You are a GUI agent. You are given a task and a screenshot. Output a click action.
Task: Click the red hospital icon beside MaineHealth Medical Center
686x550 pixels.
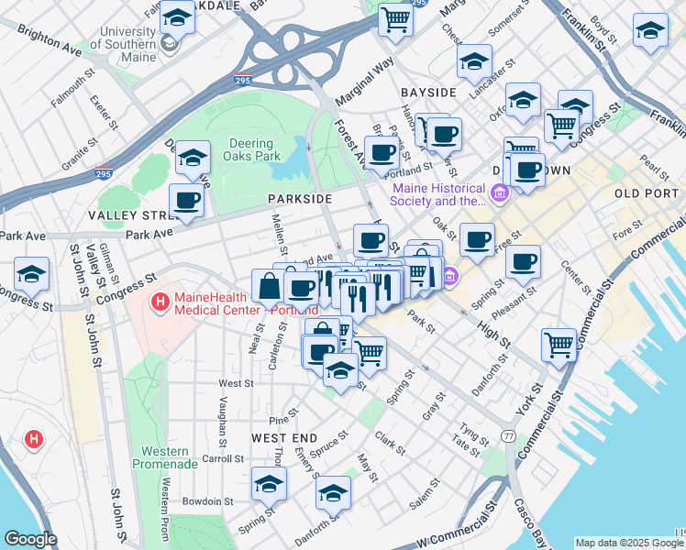click(160, 300)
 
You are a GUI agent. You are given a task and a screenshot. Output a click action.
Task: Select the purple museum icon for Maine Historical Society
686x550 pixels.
click(499, 194)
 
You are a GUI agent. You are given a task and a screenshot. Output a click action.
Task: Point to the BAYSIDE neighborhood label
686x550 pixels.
click(428, 93)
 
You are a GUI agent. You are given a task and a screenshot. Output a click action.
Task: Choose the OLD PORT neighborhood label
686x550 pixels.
click(646, 193)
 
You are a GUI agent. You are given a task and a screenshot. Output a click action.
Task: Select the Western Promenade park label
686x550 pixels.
click(165, 457)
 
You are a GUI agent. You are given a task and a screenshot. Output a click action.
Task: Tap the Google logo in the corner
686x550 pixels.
click(30, 539)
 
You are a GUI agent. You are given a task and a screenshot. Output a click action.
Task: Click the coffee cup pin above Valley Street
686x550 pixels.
click(187, 200)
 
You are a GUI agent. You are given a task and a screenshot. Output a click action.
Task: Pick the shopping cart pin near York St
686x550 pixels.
click(559, 346)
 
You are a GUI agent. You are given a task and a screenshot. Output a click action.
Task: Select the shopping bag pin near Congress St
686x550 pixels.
click(269, 286)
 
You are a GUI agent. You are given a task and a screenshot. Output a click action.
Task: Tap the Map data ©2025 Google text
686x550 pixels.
click(629, 543)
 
